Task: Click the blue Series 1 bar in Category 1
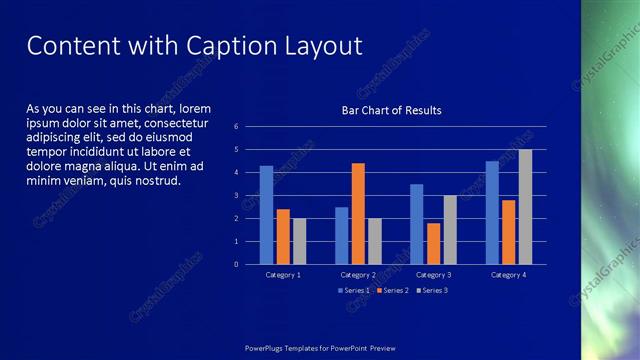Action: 266,215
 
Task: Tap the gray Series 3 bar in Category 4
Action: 525,207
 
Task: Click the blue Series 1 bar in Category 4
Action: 492,212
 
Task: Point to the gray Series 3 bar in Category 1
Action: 299,241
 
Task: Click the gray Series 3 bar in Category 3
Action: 450,229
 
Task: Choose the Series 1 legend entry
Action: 354,290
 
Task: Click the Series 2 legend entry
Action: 391,290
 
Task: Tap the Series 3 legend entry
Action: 430,290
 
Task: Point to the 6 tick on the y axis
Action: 236,127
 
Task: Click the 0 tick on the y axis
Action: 236,264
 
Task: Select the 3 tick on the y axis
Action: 236,195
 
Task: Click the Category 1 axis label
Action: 283,274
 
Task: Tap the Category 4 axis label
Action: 508,274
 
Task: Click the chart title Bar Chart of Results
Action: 391,110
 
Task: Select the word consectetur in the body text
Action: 189,122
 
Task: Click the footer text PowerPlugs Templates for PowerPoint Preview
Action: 320,347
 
